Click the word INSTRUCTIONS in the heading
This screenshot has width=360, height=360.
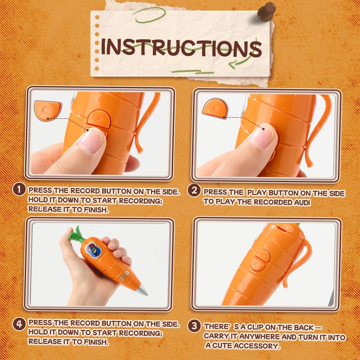(181, 48)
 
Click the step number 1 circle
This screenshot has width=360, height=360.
(19, 190)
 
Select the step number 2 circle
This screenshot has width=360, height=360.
(194, 190)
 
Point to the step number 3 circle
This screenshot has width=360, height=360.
(194, 326)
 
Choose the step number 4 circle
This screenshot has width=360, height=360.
(19, 324)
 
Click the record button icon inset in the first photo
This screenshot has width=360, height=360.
(48, 110)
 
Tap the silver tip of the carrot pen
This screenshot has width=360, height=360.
(142, 290)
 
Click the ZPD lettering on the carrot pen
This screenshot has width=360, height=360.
(125, 276)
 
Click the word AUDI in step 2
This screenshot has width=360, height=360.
(302, 202)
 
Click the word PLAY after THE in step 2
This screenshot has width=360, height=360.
(257, 193)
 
